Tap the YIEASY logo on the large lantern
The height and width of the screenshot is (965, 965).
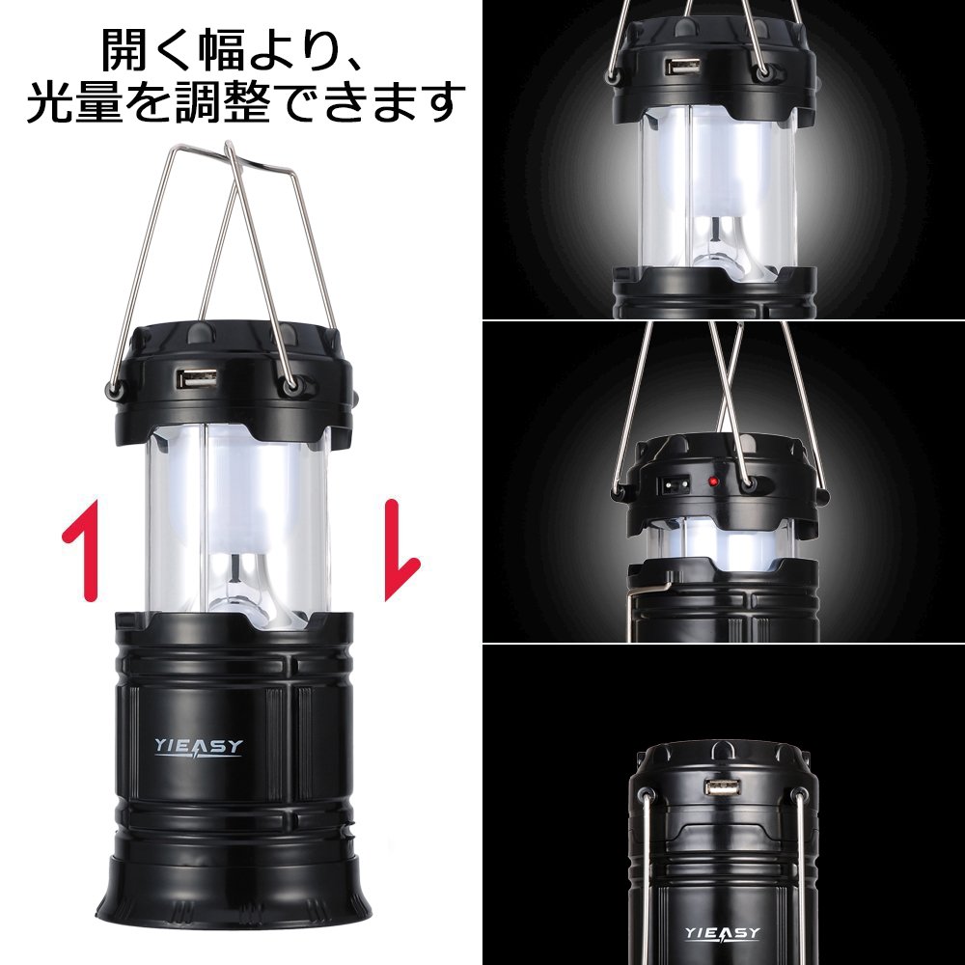point(199,747)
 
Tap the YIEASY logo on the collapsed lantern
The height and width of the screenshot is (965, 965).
point(723,934)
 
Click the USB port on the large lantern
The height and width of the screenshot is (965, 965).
point(198,378)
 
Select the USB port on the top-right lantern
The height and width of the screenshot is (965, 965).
point(682,66)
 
